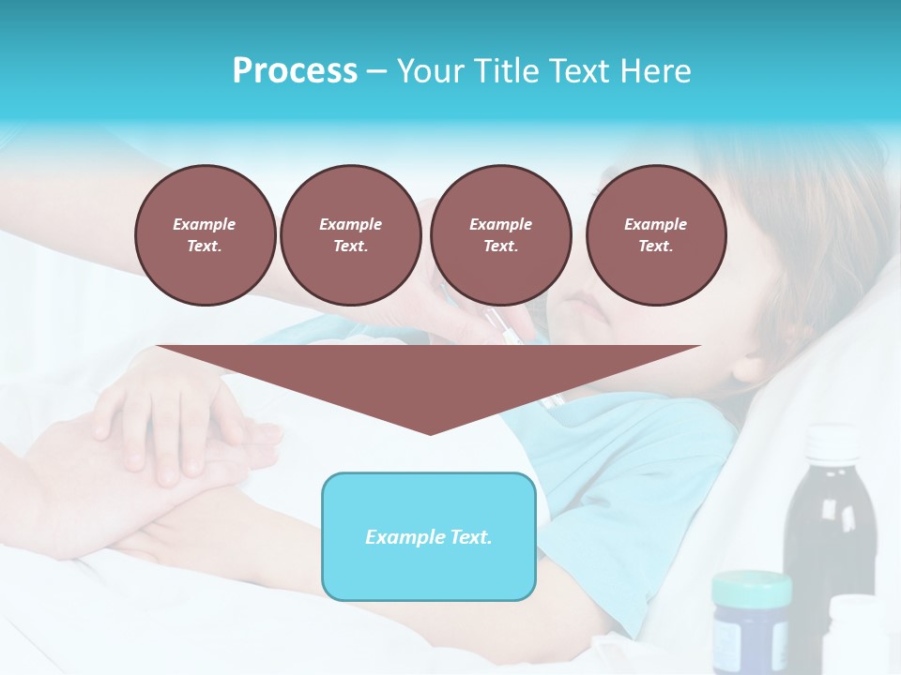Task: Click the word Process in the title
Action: [295, 71]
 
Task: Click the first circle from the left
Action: [205, 234]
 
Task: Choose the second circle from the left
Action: [350, 234]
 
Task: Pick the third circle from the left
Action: [500, 234]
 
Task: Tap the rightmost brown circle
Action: [655, 234]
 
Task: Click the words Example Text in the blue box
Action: [429, 537]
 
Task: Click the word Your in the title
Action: [429, 71]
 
